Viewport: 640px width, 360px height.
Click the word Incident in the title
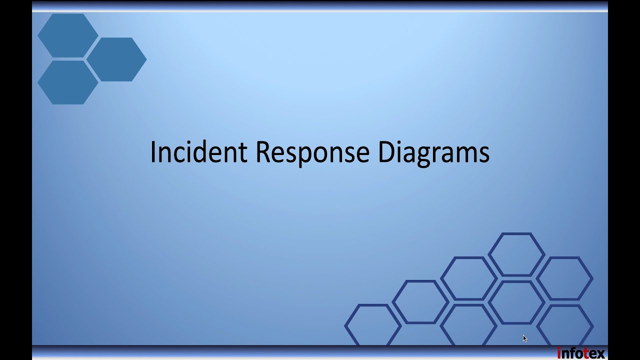[x=198, y=152]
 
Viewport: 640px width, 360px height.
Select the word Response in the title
[x=312, y=152]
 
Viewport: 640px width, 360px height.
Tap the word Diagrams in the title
[x=433, y=152]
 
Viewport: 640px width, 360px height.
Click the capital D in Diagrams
[x=386, y=152]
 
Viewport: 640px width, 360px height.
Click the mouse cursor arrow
[x=524, y=338]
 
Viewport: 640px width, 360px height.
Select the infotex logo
[x=581, y=353]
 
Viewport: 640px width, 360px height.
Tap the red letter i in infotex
[x=559, y=353]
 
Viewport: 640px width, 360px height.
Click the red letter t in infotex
[x=586, y=353]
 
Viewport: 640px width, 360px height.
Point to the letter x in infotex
[x=600, y=354]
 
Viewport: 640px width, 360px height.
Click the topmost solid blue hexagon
[x=68, y=35]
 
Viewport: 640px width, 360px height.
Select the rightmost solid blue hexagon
[x=116, y=59]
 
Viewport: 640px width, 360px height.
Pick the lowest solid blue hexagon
[x=68, y=82]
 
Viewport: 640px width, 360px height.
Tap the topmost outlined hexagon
[x=516, y=254]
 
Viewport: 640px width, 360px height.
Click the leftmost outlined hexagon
[x=372, y=325]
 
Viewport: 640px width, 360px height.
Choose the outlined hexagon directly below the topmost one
[x=516, y=302]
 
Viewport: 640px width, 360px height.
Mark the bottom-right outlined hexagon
[x=565, y=325]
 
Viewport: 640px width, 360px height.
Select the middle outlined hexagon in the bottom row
[x=468, y=325]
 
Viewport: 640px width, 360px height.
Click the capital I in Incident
[x=153, y=152]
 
